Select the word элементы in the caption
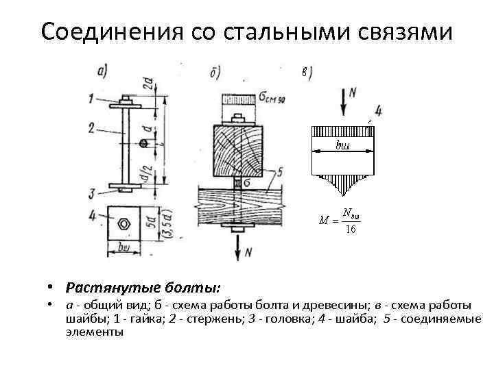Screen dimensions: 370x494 pos(95,332)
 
